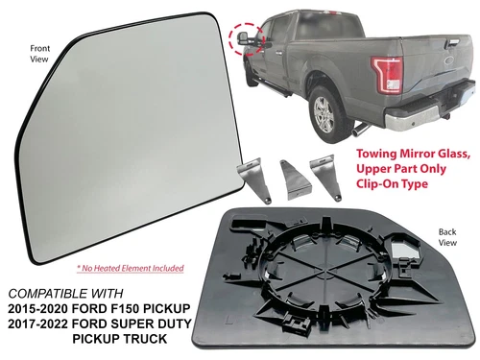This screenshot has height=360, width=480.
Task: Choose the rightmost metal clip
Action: pyautogui.click(x=329, y=173)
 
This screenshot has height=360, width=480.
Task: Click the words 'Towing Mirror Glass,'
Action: pyautogui.click(x=408, y=154)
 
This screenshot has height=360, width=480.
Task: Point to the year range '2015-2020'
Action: pyautogui.click(x=45, y=308)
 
